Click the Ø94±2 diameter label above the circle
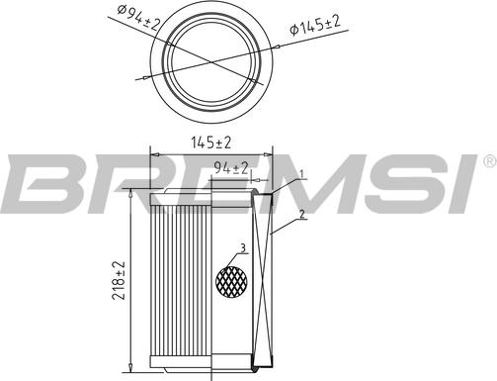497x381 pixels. [x=138, y=18]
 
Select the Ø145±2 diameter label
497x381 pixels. [x=314, y=25]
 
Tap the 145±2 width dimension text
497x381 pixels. [x=211, y=143]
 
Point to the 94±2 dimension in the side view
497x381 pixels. [x=230, y=168]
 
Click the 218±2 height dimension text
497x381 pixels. [x=119, y=280]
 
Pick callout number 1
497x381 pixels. [x=301, y=173]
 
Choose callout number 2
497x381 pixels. [x=301, y=215]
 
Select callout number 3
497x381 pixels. [x=243, y=248]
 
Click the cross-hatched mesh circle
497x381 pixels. [x=231, y=281]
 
